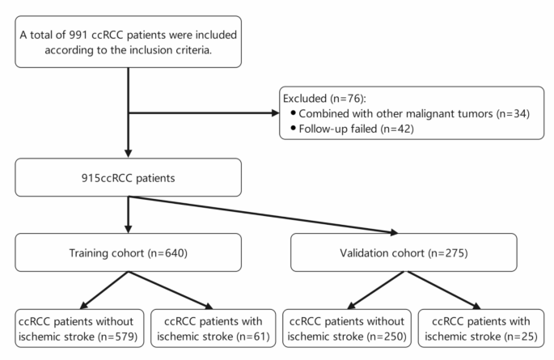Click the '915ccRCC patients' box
(127, 177)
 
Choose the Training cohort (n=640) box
(127, 253)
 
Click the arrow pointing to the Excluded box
(202, 113)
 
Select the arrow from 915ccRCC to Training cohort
(127, 214)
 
